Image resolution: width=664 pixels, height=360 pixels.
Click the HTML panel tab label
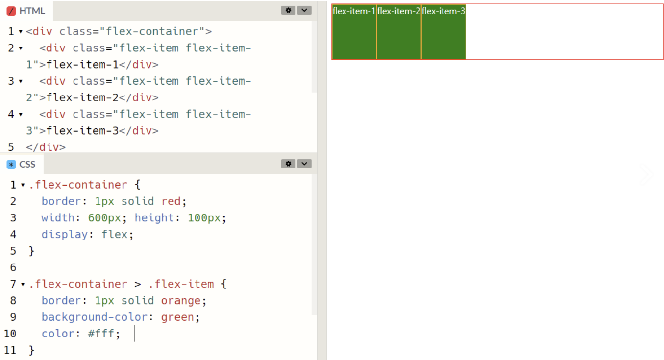click(32, 11)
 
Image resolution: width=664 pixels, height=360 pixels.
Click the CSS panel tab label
click(27, 164)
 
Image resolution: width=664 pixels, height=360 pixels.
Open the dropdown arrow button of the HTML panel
click(304, 10)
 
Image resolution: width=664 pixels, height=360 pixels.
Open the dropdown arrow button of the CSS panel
click(304, 164)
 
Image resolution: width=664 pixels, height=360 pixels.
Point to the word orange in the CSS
click(181, 301)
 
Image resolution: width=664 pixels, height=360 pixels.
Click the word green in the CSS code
click(177, 317)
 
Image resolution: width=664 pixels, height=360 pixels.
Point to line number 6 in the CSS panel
click(13, 267)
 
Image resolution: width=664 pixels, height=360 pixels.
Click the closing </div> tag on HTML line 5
click(46, 147)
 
